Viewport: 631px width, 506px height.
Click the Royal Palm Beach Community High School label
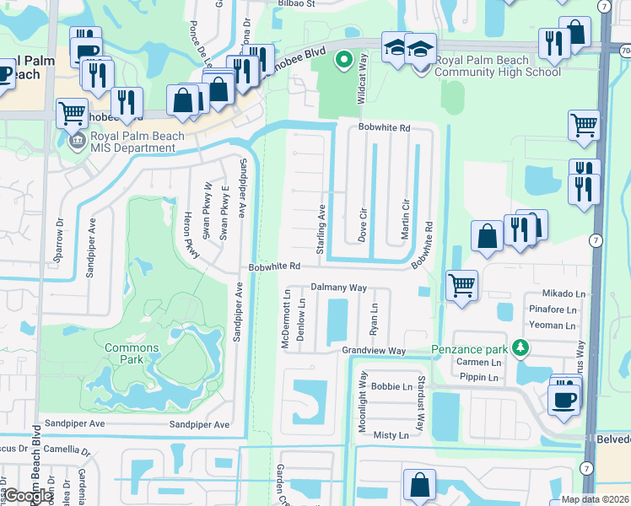(x=497, y=66)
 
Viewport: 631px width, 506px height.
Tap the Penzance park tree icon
(x=521, y=347)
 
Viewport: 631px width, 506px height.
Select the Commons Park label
(x=132, y=353)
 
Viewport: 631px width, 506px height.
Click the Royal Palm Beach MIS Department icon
(x=77, y=138)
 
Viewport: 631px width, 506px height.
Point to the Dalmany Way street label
(x=338, y=288)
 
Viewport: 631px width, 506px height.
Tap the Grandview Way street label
(x=374, y=350)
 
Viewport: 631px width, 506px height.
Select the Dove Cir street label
(x=364, y=221)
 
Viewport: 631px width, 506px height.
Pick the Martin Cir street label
(x=406, y=217)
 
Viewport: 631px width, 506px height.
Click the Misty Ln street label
(x=391, y=435)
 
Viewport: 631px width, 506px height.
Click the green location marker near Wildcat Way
(x=342, y=60)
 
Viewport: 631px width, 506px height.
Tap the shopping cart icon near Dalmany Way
(x=461, y=285)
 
